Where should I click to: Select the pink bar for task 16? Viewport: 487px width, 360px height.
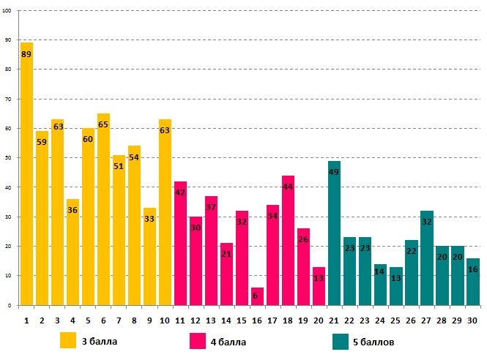pyautogui.click(x=257, y=296)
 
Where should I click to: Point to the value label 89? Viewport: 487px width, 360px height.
pyautogui.click(x=26, y=54)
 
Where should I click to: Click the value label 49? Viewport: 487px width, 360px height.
pyautogui.click(x=334, y=172)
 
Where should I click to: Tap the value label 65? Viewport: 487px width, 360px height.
pyautogui.click(x=103, y=124)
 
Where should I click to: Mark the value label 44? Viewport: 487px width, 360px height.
pyautogui.click(x=288, y=187)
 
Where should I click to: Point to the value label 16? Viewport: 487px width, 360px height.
pyautogui.click(x=472, y=269)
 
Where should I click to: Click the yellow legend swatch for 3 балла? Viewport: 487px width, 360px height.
pyautogui.click(x=68, y=341)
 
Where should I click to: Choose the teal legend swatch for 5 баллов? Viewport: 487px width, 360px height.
pyautogui.click(x=340, y=341)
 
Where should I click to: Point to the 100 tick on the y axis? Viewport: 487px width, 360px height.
pyautogui.click(x=7, y=11)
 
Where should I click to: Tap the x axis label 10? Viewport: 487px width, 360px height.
pyautogui.click(x=165, y=320)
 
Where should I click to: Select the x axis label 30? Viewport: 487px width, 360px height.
pyautogui.click(x=472, y=320)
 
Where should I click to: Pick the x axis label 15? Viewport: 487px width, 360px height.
pyautogui.click(x=242, y=320)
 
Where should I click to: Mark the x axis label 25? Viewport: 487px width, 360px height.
pyautogui.click(x=395, y=320)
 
